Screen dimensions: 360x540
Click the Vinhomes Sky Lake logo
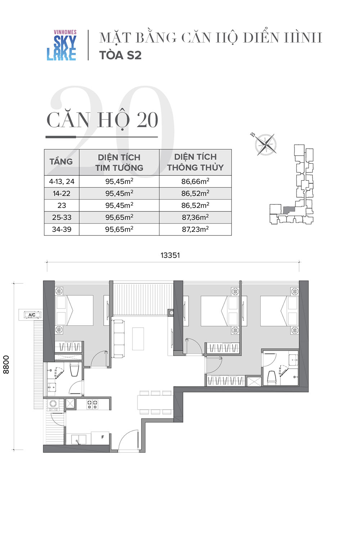coord(62,45)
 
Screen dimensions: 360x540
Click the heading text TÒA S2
coord(120,55)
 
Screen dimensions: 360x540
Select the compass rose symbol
coord(265,144)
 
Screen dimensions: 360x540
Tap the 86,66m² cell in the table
coord(195,181)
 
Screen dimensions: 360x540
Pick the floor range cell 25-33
coord(62,217)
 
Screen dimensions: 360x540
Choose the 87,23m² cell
coord(195,229)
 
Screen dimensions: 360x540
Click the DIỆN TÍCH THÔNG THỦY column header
coord(195,162)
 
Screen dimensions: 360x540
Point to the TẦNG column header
coord(61,162)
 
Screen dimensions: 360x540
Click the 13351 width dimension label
coord(170,255)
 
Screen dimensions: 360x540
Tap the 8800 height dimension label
coord(6,365)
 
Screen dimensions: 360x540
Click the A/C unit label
coord(32,315)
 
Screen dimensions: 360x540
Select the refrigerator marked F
coord(100,438)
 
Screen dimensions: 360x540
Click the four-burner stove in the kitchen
coord(93,404)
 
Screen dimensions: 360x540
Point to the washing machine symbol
coord(53,404)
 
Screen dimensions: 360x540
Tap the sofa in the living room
coord(118,338)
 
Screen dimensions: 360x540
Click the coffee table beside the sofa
coord(138,339)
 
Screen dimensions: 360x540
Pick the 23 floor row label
coord(62,206)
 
